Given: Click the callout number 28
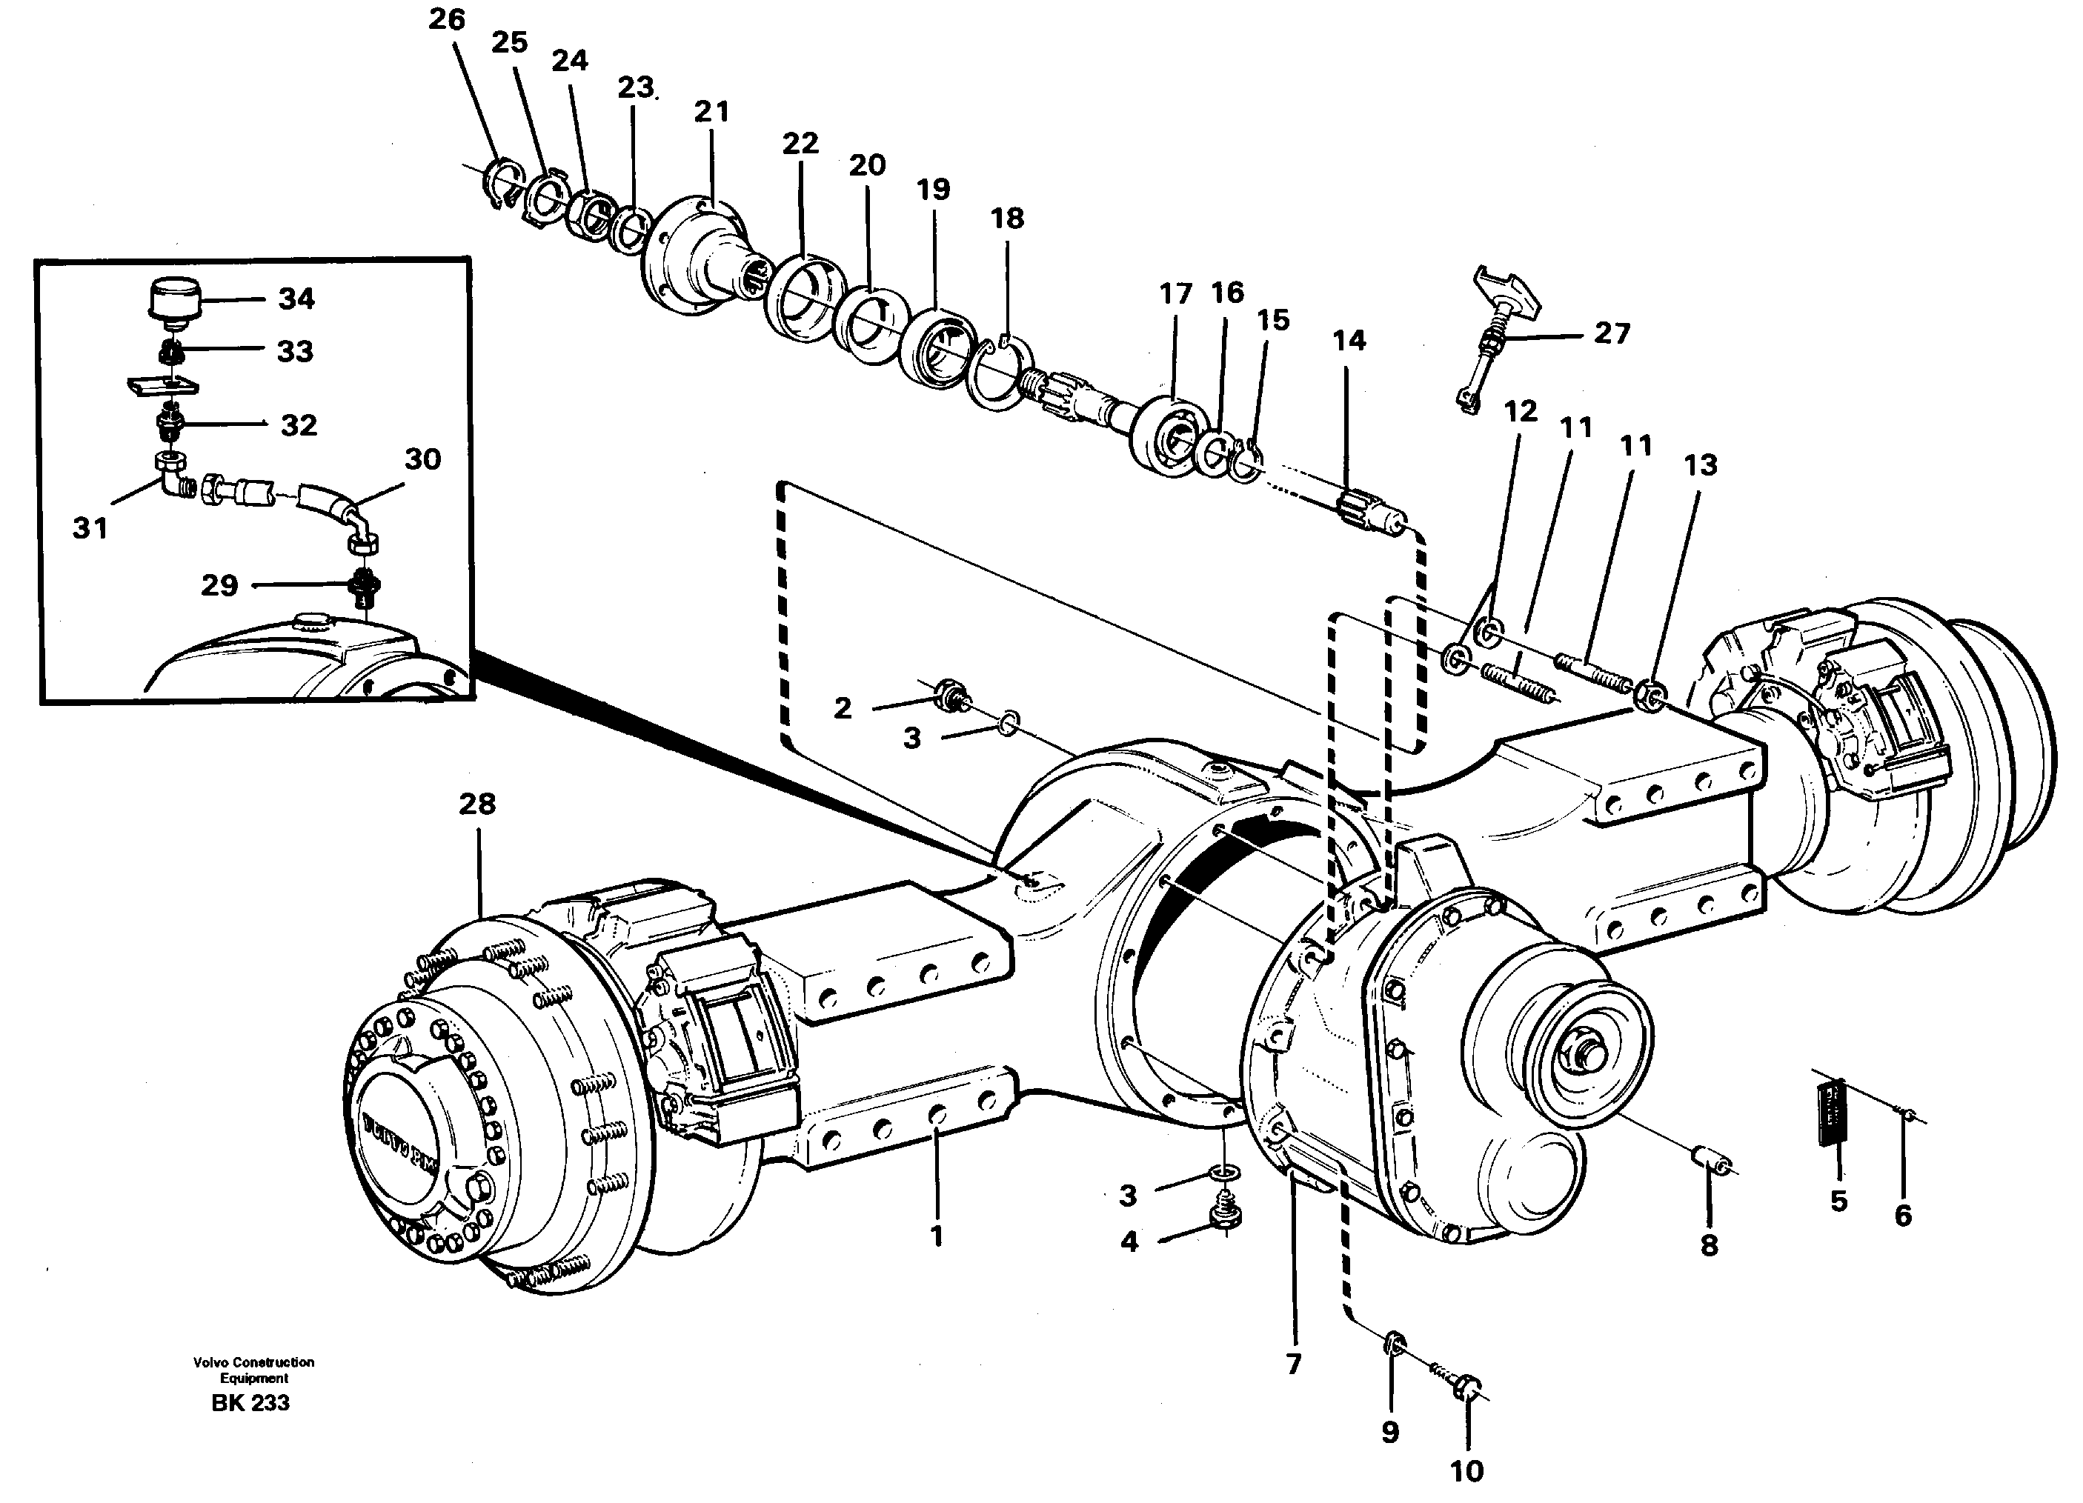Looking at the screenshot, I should [x=476, y=804].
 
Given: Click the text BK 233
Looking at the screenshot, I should [x=250, y=1403].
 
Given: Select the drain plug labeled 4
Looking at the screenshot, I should [x=1225, y=1216].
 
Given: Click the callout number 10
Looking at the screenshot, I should [x=1466, y=1471].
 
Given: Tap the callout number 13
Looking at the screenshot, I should [x=1699, y=464].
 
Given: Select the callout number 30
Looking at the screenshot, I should [x=422, y=459].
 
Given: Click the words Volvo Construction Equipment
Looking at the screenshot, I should [x=253, y=1370].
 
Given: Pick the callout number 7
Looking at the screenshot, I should [x=1293, y=1364].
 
